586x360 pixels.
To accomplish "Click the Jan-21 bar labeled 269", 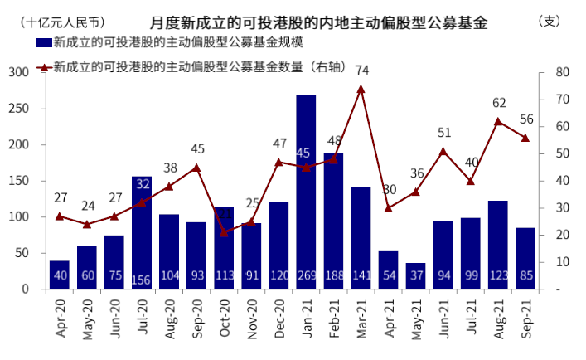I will tap(306, 192).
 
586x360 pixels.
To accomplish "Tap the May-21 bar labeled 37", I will tap(415, 275).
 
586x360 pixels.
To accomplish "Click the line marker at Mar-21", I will tap(361, 89).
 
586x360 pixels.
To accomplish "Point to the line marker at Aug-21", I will tap(498, 121).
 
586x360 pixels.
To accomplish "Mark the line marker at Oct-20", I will tap(224, 232).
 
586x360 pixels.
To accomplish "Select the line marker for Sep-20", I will tap(196, 168).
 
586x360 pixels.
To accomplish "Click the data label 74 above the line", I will tap(361, 71).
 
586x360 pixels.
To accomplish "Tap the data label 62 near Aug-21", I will tap(499, 103).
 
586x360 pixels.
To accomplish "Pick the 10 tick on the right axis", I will tap(562, 262).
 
